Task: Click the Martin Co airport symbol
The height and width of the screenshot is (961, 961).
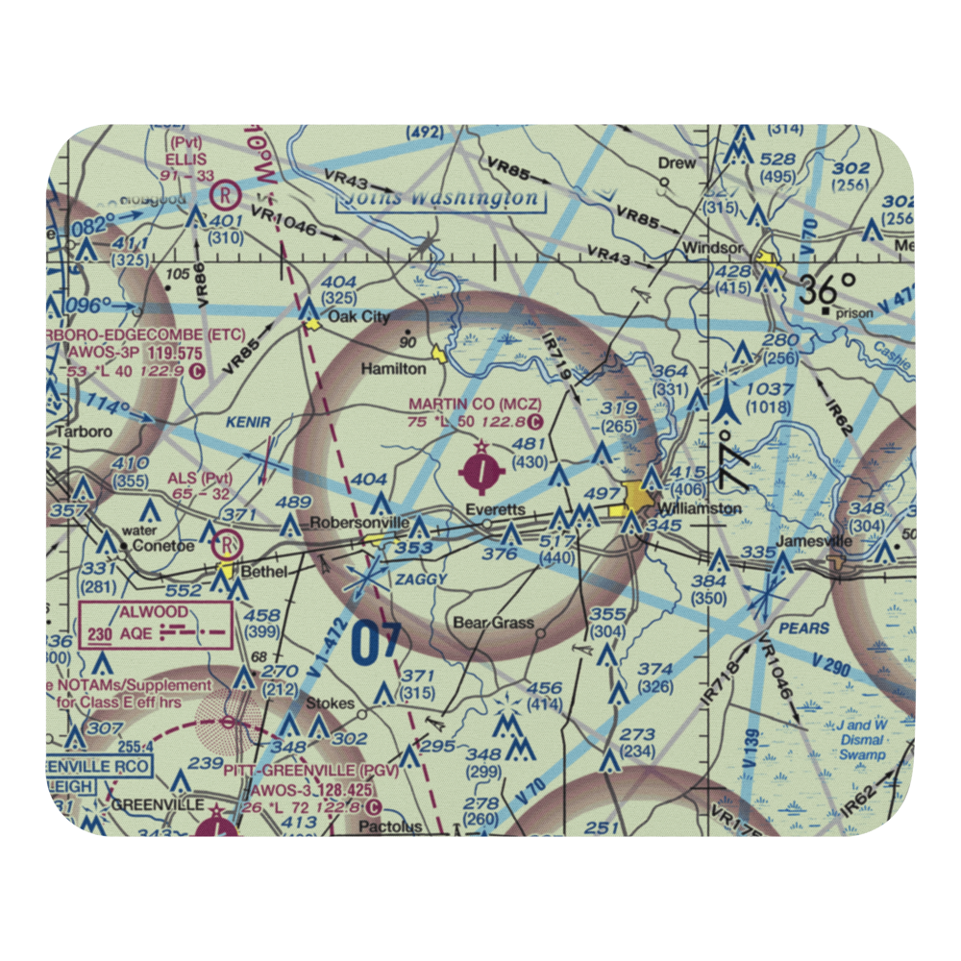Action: click(x=481, y=471)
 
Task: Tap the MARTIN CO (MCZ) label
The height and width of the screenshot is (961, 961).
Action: click(x=475, y=405)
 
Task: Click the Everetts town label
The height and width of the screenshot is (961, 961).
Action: click(x=495, y=508)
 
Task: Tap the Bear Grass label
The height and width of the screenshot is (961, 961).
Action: click(x=493, y=623)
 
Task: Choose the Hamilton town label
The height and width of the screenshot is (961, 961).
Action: click(x=393, y=368)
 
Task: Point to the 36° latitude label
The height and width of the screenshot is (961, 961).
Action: click(x=829, y=287)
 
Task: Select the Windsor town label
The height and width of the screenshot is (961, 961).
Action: click(x=712, y=248)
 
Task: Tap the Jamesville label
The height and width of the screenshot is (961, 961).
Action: click(x=814, y=541)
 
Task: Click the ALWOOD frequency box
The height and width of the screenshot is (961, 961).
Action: click(x=157, y=624)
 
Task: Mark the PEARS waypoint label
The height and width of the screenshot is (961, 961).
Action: click(x=805, y=628)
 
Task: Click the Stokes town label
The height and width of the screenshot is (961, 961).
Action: click(x=330, y=703)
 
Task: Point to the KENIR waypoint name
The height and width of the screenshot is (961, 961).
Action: click(x=249, y=422)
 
